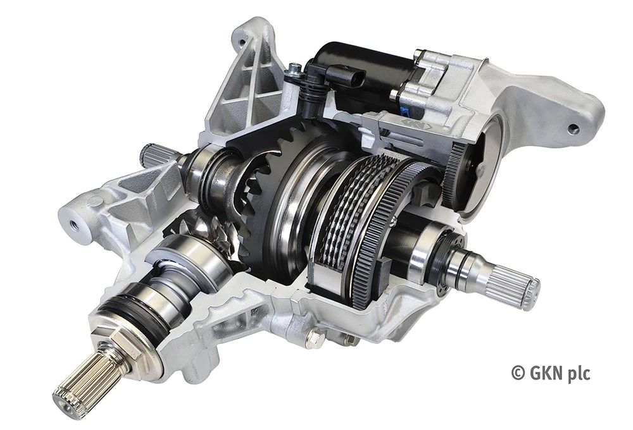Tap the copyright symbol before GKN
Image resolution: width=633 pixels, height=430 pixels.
click(x=518, y=373)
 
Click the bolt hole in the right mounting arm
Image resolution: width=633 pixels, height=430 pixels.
click(x=573, y=129)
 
